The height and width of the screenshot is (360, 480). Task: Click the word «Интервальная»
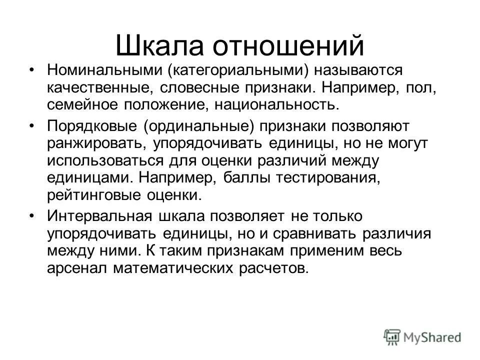pyautogui.click(x=98, y=216)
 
